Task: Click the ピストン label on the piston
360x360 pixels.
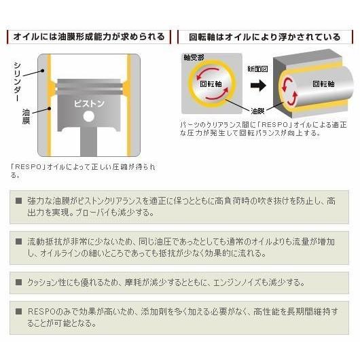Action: pos(88,104)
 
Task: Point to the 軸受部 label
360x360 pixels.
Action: pos(193,60)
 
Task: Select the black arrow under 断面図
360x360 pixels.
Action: pos(257,86)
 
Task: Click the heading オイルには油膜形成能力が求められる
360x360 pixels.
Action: pos(88,36)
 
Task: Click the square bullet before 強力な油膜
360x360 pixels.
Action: pos(18,201)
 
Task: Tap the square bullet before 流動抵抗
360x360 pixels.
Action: pos(18,241)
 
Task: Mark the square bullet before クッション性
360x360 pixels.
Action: pos(18,281)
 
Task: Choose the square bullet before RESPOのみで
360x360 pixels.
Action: pos(18,312)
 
